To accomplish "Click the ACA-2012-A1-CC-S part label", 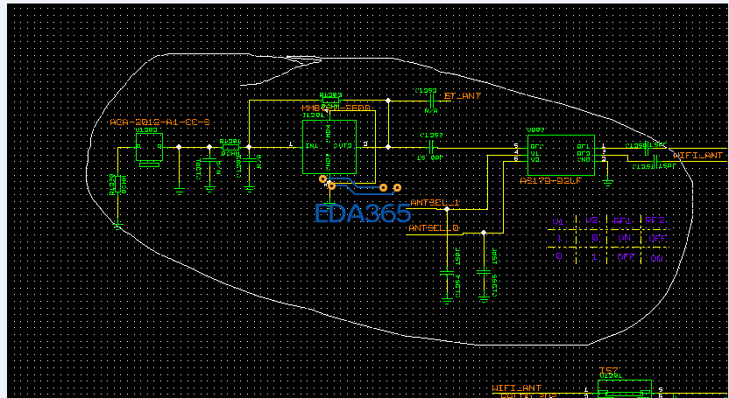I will [159, 122].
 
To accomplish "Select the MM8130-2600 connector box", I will [328, 146].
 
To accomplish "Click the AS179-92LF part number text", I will [549, 181].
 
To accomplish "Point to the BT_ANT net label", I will [462, 95].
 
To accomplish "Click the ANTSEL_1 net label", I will [435, 203].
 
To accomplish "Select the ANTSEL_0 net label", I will [435, 227].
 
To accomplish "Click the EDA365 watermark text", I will [363, 213].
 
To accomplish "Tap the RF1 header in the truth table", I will [623, 220].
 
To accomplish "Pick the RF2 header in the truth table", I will [654, 220].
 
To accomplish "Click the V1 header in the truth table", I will [560, 220].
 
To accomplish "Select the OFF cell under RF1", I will [623, 257].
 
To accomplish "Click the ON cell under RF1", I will [623, 237].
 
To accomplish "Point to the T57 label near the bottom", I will [608, 370].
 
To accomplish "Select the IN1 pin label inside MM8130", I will [311, 145].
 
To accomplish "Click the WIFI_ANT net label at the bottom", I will [517, 387].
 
